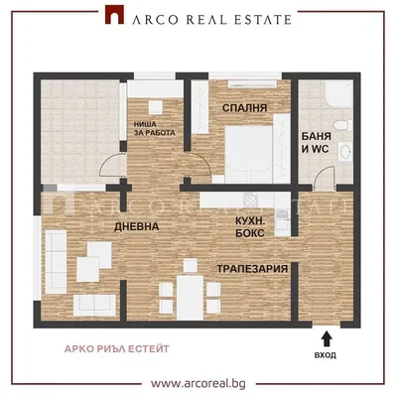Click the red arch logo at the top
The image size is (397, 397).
[x=114, y=15]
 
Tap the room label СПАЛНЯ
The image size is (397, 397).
[x=244, y=108]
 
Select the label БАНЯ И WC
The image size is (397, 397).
[x=316, y=143]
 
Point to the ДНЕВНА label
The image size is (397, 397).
[x=137, y=226]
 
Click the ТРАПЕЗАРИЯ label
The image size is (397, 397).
[x=252, y=269]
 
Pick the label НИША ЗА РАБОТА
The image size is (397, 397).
[x=154, y=129]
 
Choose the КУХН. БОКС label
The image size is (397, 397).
[x=250, y=227]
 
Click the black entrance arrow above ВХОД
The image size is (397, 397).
[x=327, y=338]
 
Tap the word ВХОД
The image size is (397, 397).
[x=326, y=355]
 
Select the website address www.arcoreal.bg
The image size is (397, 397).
[x=198, y=384]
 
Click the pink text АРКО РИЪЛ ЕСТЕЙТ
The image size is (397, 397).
[x=117, y=348]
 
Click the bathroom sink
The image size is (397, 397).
[x=345, y=152]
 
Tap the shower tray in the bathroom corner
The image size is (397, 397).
[x=338, y=94]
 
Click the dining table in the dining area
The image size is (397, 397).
[x=190, y=298]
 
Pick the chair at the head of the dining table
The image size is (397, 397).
[x=191, y=265]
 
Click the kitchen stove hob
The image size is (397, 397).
[x=252, y=199]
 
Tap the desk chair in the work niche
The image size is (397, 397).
[x=155, y=107]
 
